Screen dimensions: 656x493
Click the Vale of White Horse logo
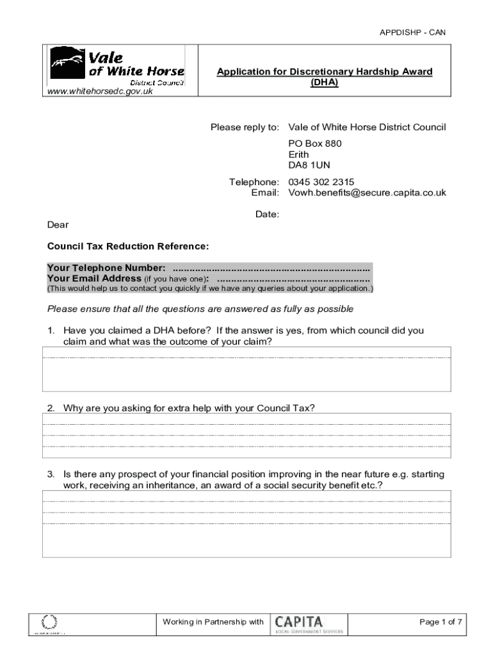pyautogui.click(x=117, y=65)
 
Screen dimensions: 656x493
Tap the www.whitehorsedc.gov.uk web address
pyautogui.click(x=97, y=91)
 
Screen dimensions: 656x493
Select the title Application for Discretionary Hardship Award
pyautogui.click(x=324, y=72)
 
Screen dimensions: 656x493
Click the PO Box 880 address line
pyautogui.click(x=314, y=143)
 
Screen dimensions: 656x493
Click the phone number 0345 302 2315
pyautogui.click(x=321, y=182)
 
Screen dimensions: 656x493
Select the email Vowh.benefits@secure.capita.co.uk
pyautogui.click(x=366, y=193)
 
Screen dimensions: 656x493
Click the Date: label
pyautogui.click(x=267, y=215)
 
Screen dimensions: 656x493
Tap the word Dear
pyautogui.click(x=58, y=225)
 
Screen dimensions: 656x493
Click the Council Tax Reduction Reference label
pyautogui.click(x=128, y=246)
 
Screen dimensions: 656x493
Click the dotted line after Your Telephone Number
pyautogui.click(x=271, y=268)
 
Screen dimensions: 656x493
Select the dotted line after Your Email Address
pyautogui.click(x=293, y=279)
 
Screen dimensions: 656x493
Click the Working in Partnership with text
pyautogui.click(x=213, y=622)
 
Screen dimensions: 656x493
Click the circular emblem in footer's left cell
pyautogui.click(x=49, y=621)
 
